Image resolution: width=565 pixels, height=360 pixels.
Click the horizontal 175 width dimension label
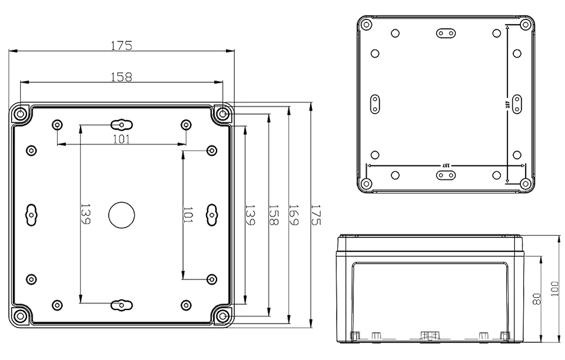121,46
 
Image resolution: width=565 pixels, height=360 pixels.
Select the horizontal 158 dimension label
121,77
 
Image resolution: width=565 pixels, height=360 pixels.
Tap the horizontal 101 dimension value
121,139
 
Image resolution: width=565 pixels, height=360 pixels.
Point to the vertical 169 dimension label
294,215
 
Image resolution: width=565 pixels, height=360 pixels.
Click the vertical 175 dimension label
315,215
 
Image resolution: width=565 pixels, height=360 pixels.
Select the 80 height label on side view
537,299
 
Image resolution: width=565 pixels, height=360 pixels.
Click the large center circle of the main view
122,215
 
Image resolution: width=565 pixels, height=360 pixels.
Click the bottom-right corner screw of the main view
223,316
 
